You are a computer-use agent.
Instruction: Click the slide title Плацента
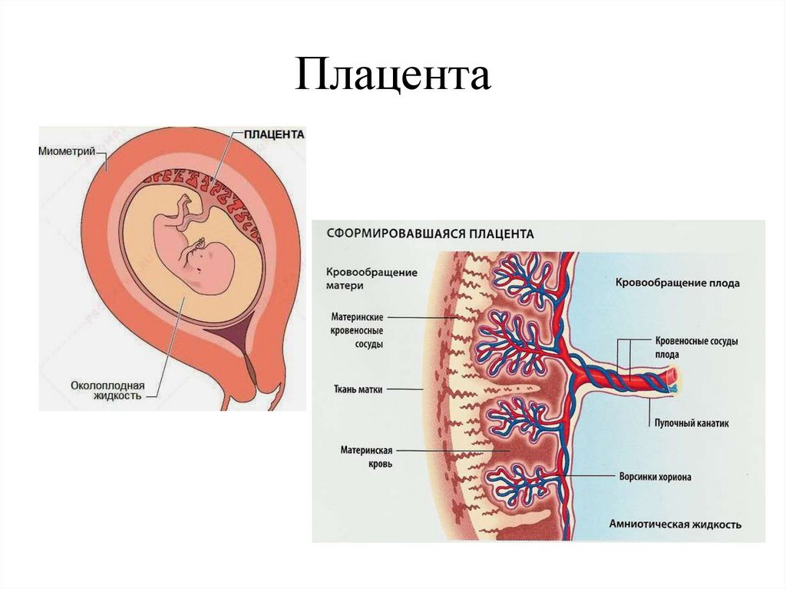392,78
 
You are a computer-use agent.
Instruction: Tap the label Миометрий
67,151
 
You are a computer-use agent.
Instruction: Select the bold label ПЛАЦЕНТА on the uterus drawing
274,134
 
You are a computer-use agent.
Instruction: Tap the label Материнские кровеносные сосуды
358,330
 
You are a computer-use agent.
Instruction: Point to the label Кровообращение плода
677,283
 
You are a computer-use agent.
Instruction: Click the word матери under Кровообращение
344,285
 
